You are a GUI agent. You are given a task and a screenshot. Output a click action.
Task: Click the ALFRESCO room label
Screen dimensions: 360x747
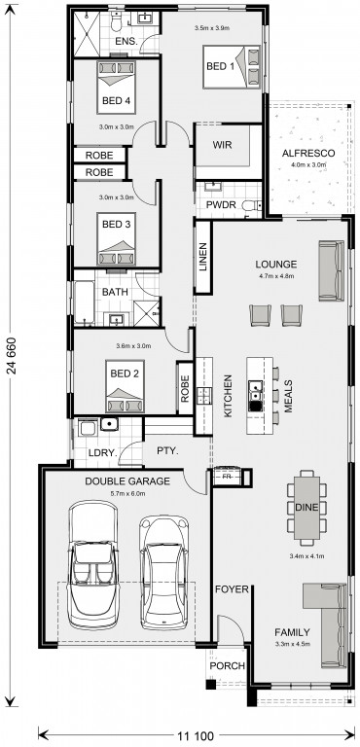click(x=308, y=154)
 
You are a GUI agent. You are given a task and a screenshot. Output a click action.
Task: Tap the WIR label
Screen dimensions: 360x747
click(x=222, y=145)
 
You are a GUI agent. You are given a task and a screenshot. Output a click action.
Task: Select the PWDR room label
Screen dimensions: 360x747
click(x=220, y=205)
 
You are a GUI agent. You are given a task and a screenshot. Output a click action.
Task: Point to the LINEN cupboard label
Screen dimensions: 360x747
click(x=203, y=258)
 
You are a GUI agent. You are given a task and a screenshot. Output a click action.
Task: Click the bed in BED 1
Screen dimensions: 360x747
click(x=233, y=67)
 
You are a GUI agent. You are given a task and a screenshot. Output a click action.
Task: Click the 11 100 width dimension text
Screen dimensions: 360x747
click(x=196, y=736)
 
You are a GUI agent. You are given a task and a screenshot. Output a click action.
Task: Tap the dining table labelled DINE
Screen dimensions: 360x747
click(x=306, y=508)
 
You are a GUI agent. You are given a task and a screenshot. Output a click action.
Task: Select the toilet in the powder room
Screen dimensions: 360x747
click(x=251, y=206)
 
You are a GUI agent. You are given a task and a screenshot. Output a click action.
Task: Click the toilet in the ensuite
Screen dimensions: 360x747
click(x=116, y=19)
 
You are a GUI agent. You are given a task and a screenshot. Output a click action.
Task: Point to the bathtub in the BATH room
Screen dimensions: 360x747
click(x=84, y=302)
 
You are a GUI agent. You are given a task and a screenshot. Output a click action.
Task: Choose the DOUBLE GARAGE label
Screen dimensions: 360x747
click(x=127, y=481)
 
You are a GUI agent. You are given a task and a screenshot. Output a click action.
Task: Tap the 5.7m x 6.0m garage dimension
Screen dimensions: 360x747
click(x=127, y=493)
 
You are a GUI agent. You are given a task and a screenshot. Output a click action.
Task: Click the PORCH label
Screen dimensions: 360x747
click(x=228, y=665)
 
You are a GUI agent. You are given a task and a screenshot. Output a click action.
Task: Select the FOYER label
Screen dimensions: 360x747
click(x=232, y=589)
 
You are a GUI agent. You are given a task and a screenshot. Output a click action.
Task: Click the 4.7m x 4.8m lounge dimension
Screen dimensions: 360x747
click(x=275, y=275)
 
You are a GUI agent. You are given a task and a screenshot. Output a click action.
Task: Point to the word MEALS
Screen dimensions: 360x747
click(x=288, y=396)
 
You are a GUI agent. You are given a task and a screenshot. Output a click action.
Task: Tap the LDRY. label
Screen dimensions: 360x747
click(x=102, y=452)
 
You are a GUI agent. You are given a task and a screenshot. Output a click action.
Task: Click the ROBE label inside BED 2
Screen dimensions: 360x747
click(x=185, y=388)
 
